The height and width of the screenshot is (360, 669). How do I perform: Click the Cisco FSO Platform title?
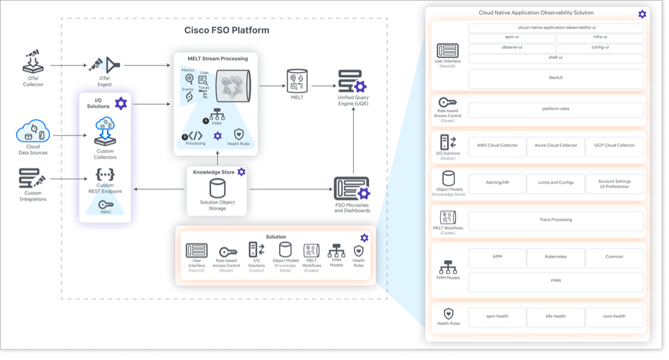tap(226, 30)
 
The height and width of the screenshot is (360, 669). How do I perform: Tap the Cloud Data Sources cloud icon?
tap(33, 131)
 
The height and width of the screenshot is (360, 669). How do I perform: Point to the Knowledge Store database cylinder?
tap(217, 188)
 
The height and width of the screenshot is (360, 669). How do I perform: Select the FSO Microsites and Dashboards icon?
tap(352, 189)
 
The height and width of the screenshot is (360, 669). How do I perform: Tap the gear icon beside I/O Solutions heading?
tap(121, 103)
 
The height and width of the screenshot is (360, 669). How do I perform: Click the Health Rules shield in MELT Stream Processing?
tap(238, 134)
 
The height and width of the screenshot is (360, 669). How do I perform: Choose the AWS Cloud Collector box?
tap(497, 145)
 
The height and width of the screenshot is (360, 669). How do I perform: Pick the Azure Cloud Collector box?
tap(555, 145)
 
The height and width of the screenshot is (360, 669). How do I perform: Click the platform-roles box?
tap(555, 109)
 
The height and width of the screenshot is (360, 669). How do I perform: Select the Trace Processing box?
tap(555, 220)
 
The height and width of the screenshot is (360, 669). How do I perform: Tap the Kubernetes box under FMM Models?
tap(555, 257)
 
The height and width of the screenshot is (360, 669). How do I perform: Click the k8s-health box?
tap(555, 316)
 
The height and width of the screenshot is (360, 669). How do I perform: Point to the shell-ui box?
tap(555, 58)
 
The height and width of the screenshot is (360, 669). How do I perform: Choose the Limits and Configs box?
tap(555, 183)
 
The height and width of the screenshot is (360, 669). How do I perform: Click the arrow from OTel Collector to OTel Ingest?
tap(67, 65)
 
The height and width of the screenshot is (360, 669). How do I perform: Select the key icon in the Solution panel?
tap(227, 252)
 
